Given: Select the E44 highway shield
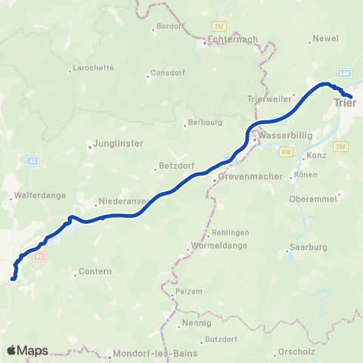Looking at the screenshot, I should tap(344, 73).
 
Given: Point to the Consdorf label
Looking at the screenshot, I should tap(167, 76).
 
